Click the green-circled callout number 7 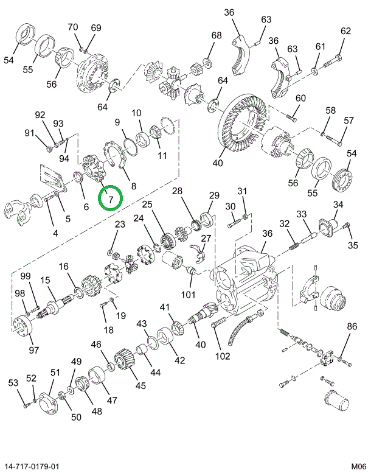tap(110, 198)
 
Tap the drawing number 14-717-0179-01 tap(33, 466)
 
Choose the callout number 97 tap(33, 349)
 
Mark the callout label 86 tap(352, 328)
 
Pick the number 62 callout tap(346, 31)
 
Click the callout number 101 tap(188, 295)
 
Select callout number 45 tap(141, 385)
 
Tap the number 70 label tap(73, 27)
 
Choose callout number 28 tap(177, 192)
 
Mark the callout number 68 tap(217, 35)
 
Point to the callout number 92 tap(40, 115)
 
